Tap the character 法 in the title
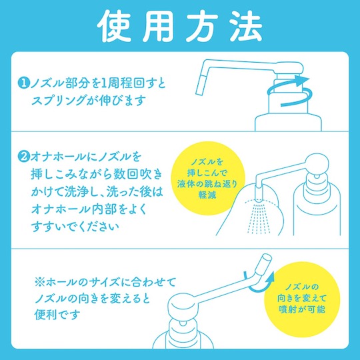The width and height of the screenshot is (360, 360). click(x=247, y=27)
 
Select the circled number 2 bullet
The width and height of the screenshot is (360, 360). click(x=23, y=157)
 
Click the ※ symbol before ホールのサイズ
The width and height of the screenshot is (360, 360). click(x=40, y=282)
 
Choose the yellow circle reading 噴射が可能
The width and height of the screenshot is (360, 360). click(x=302, y=299)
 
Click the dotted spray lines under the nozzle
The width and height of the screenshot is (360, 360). click(x=259, y=217)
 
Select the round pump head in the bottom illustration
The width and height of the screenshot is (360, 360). click(x=183, y=307)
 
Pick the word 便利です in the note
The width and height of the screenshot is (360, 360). click(x=57, y=315)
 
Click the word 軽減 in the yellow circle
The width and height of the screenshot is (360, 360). click(x=207, y=195)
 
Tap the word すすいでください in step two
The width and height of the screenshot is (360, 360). click(x=75, y=227)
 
